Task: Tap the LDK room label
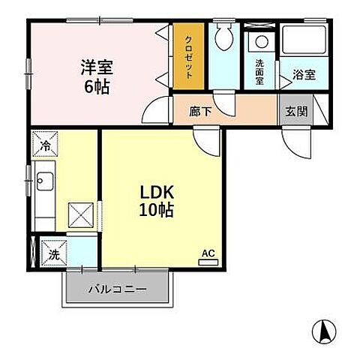pyautogui.click(x=156, y=193)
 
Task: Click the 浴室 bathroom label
pyautogui.click(x=303, y=75)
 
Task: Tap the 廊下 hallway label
pyautogui.click(x=199, y=111)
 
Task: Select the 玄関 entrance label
pyautogui.click(x=295, y=111)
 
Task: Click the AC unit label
pyautogui.click(x=208, y=255)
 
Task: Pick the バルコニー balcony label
pyautogui.click(x=115, y=289)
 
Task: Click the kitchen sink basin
pyautogui.click(x=43, y=182)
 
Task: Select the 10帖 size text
pyautogui.click(x=156, y=211)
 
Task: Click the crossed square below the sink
pyautogui.click(x=81, y=215)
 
